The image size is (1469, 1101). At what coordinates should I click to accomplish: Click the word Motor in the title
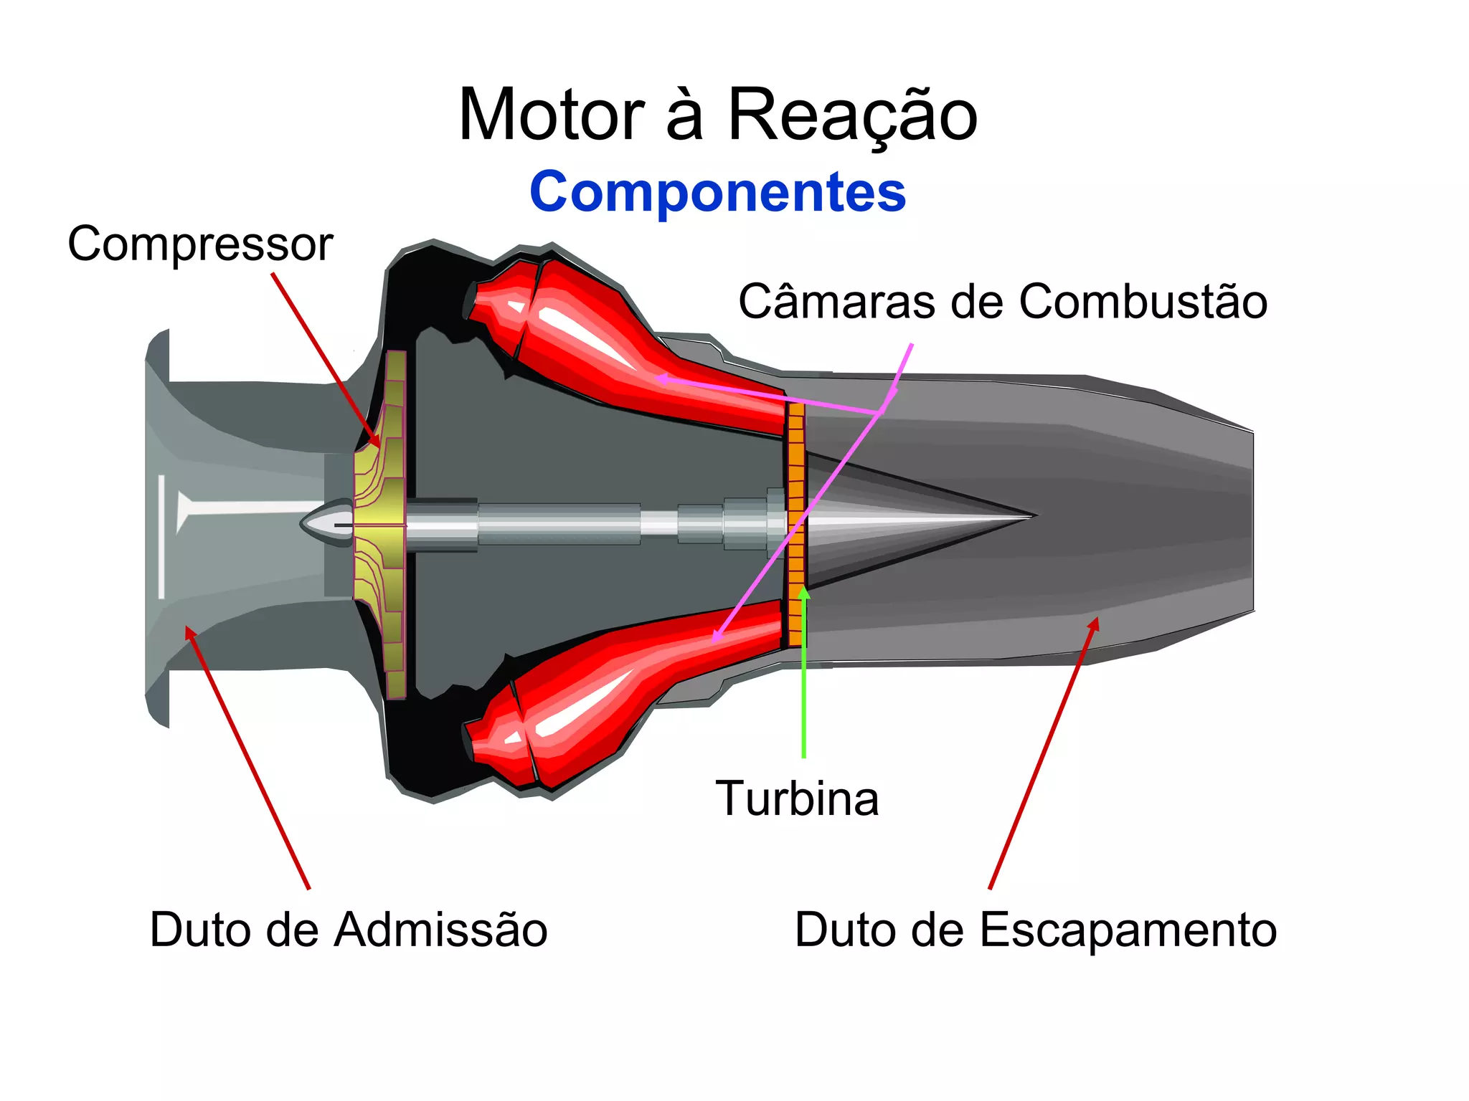pyautogui.click(x=551, y=115)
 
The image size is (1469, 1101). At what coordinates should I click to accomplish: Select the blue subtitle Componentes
pyautogui.click(x=717, y=192)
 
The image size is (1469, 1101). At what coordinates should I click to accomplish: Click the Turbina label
pyautogui.click(x=797, y=799)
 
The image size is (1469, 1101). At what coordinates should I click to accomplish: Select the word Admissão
pyautogui.click(x=440, y=930)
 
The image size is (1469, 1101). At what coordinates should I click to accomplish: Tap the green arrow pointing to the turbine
pyautogui.click(x=804, y=674)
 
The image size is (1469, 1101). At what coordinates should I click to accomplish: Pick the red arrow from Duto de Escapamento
pyautogui.click(x=1044, y=753)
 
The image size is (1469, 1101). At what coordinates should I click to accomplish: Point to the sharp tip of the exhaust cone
pyautogui.click(x=1033, y=515)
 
